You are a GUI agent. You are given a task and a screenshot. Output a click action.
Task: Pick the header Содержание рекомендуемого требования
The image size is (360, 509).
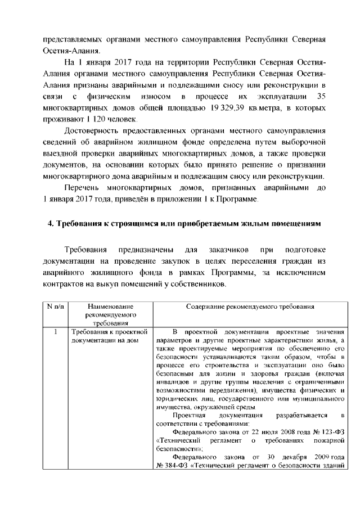[250, 307]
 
